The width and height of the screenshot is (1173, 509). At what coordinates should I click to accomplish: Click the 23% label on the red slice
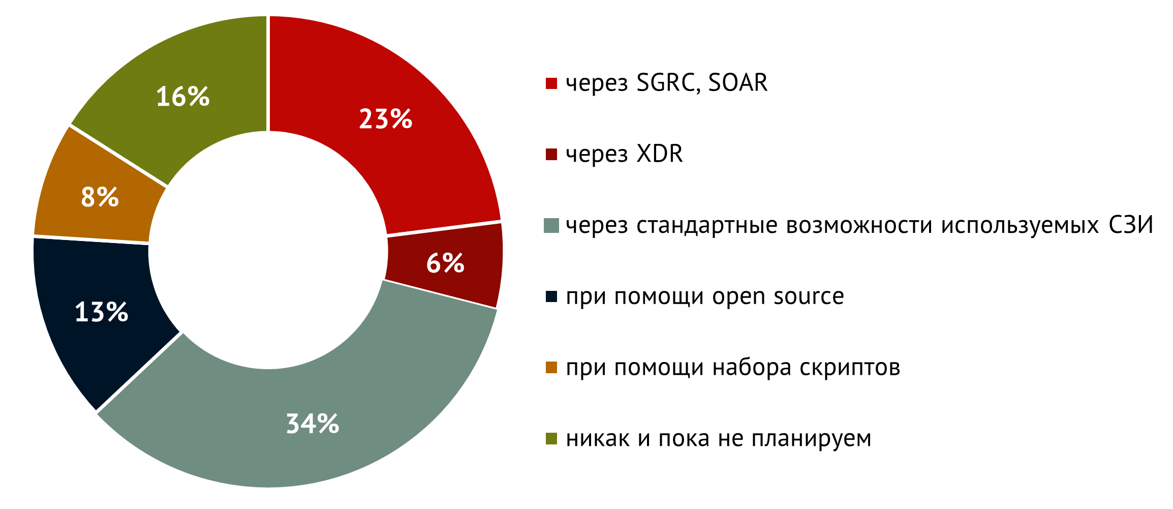[385, 119]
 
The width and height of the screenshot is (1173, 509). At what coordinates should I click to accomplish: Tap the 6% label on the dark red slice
[445, 263]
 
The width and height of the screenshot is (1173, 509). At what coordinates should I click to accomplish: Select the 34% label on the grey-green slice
[313, 424]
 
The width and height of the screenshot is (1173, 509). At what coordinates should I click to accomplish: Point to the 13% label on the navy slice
[102, 312]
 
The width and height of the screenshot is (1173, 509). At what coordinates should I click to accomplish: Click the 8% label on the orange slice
[100, 197]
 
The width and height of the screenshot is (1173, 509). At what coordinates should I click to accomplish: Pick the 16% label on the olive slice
[183, 96]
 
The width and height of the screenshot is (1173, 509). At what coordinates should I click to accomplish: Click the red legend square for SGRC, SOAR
[551, 83]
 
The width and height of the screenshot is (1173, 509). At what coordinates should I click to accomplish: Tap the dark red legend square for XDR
[551, 155]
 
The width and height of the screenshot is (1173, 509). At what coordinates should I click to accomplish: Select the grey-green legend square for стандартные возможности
[551, 226]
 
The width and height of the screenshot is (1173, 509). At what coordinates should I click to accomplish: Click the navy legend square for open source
[551, 296]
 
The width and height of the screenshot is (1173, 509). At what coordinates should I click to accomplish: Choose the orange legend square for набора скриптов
[551, 367]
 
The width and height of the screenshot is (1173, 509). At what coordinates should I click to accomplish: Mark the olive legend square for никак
[551, 438]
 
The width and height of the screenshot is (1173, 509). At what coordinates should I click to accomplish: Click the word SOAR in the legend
[737, 83]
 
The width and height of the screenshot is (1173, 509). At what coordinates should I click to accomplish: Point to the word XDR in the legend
[660, 154]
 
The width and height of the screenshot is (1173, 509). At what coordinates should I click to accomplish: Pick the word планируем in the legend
[812, 438]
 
